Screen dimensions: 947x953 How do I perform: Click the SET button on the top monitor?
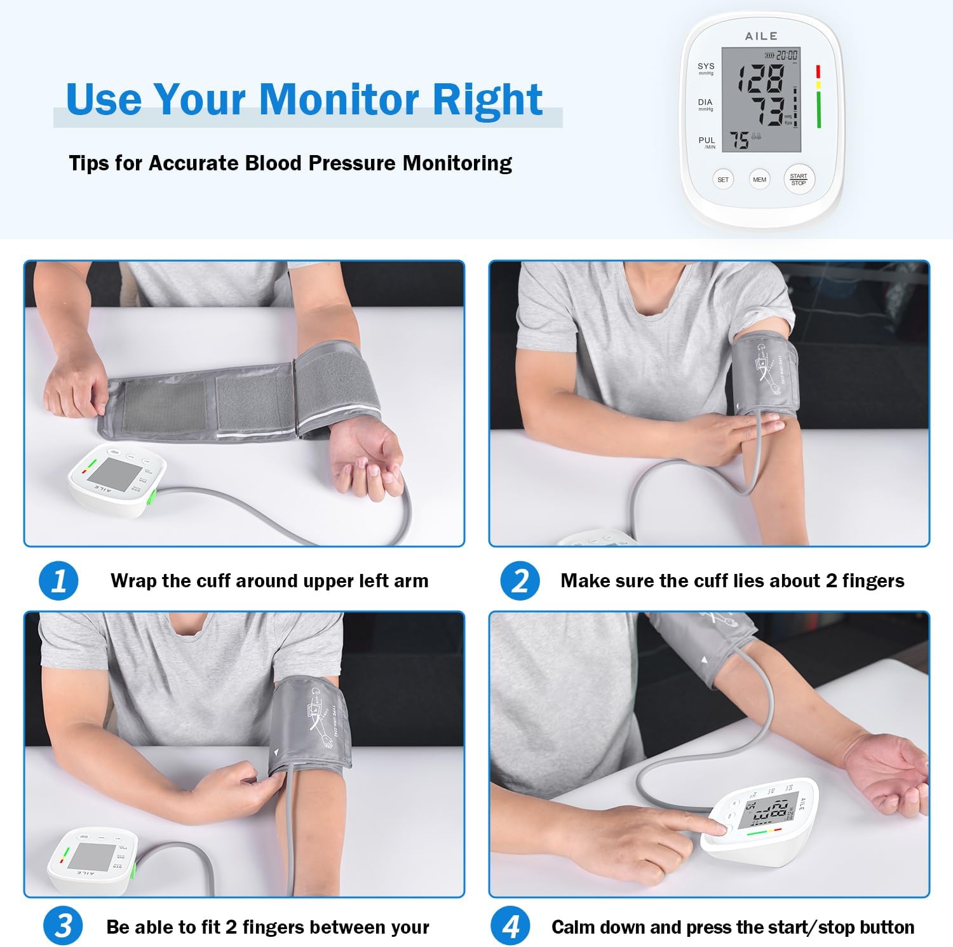point(722,180)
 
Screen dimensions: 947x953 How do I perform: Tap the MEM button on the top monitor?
point(759,180)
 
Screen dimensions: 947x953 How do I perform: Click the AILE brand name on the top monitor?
point(760,36)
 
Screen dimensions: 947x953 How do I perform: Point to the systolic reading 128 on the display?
point(760,79)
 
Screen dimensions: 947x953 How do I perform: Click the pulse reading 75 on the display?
point(739,140)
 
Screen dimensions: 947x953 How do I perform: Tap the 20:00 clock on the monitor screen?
point(786,56)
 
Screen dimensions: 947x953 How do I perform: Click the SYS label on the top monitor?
point(705,66)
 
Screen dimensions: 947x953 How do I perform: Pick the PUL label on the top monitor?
point(706,140)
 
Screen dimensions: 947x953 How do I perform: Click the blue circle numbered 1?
point(58,581)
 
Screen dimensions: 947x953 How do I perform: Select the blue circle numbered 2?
point(520,581)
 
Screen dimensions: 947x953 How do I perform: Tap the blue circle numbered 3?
point(63,926)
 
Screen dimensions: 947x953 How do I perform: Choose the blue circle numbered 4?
point(510,926)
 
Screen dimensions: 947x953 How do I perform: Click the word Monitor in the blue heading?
point(339,100)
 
